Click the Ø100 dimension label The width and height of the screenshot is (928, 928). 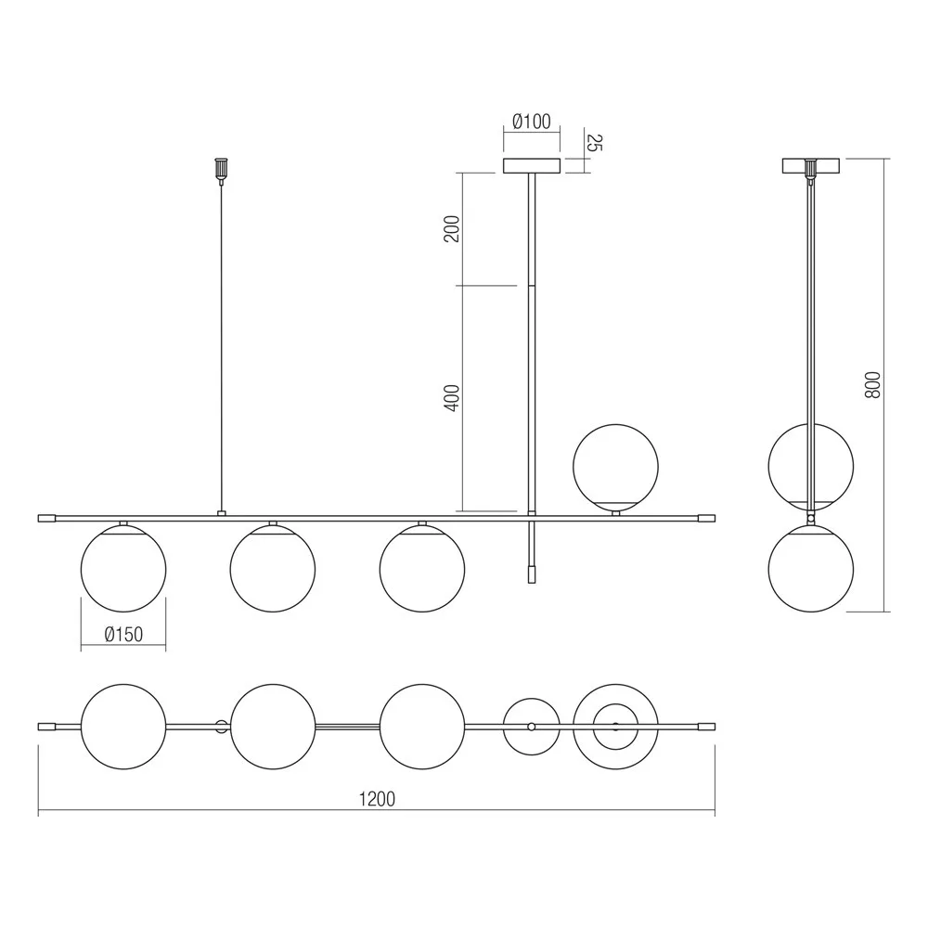pos(532,122)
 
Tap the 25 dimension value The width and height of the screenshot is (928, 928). pos(594,143)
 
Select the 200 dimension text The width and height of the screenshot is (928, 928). pos(452,228)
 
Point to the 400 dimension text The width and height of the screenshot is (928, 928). pos(452,398)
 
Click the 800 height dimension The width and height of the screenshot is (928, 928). pos(872,385)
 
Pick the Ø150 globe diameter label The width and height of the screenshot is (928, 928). pos(123,635)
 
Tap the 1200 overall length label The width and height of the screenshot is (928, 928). pos(377,799)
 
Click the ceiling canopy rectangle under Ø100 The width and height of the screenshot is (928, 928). pos(532,166)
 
